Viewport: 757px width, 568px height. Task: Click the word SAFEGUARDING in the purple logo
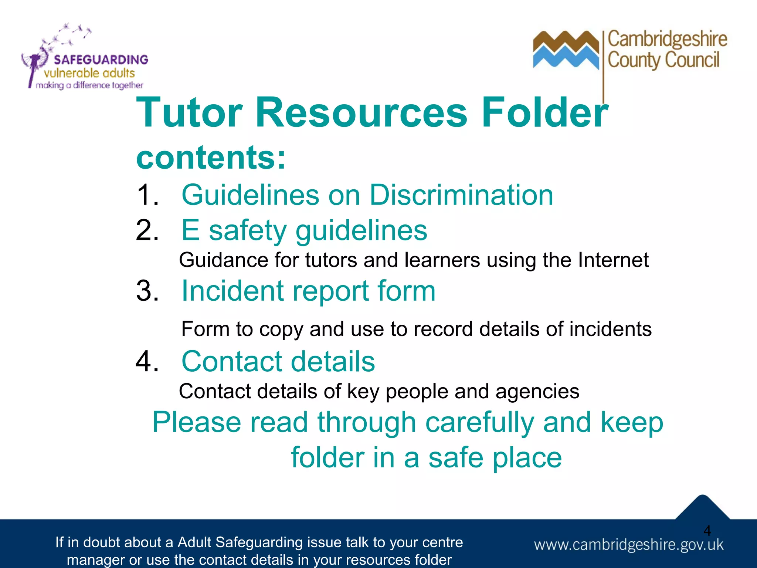tap(101, 60)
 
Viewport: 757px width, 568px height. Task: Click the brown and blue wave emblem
tap(566, 50)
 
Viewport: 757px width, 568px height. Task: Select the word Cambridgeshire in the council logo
tap(667, 39)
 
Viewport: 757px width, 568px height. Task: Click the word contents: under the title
tap(211, 158)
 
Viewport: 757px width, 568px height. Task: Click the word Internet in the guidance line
tap(613, 260)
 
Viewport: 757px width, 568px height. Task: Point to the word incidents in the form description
tap(610, 329)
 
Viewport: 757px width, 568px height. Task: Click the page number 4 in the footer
tap(707, 531)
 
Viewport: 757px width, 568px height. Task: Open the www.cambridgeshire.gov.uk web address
tap(628, 545)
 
